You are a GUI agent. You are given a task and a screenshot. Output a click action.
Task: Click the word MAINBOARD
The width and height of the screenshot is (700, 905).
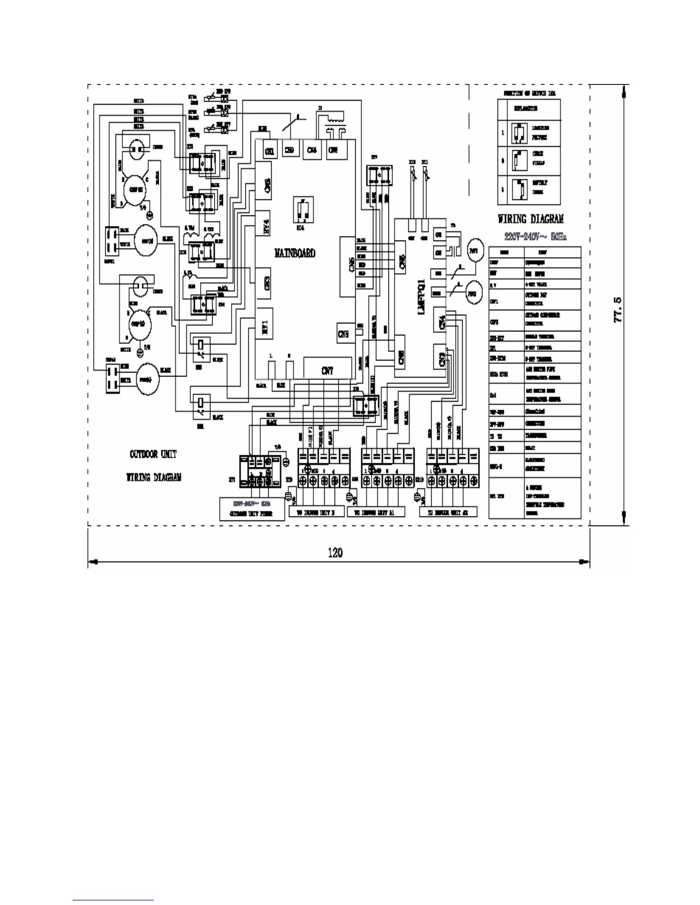(x=295, y=253)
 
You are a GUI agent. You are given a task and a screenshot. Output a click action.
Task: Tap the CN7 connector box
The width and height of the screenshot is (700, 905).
(x=327, y=371)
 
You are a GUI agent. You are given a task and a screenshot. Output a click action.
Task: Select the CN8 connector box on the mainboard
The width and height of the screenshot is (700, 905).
(x=343, y=334)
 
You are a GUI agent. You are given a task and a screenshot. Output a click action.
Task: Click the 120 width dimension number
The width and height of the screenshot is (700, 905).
(x=335, y=552)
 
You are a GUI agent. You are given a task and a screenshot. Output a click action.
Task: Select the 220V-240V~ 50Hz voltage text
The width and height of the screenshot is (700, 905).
(x=535, y=236)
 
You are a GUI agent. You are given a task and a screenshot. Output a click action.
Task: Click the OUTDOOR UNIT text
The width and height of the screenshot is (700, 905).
(x=153, y=455)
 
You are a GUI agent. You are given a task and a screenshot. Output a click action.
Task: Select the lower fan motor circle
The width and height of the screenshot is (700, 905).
(x=148, y=378)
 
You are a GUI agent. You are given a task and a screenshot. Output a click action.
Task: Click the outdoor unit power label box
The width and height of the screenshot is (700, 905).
(x=253, y=509)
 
